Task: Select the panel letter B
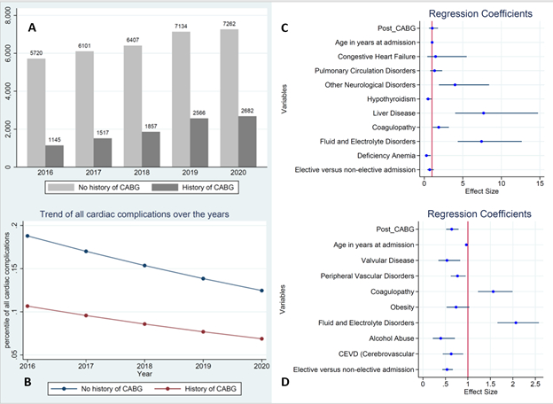(27, 383)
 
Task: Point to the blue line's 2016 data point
(27, 237)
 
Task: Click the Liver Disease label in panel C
(394, 113)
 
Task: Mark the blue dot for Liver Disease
(484, 113)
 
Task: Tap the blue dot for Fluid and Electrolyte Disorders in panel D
(516, 322)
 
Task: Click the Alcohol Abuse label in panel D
(391, 338)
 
